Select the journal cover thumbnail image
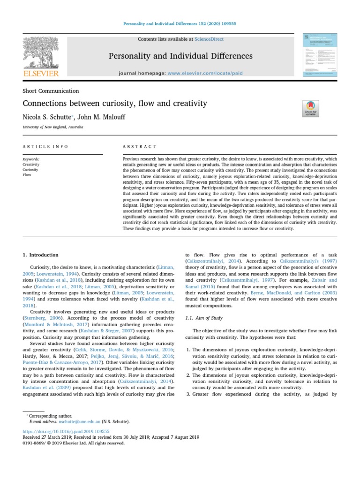(x=320, y=56)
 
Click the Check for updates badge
(x=311, y=109)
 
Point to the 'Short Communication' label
(x=51, y=91)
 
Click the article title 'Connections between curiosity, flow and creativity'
(x=115, y=103)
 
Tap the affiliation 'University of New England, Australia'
(x=53, y=127)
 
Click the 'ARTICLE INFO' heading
(x=45, y=147)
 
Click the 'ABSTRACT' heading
(x=139, y=147)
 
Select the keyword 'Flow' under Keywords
(x=27, y=174)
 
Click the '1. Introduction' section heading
(x=41, y=255)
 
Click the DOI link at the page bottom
(x=66, y=431)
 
